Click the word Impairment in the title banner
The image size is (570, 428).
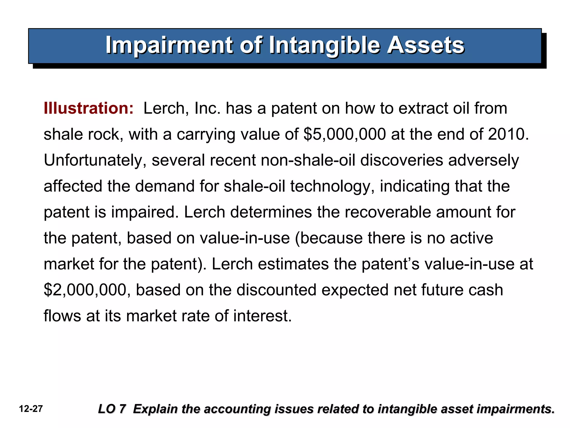pyautogui.click(x=169, y=45)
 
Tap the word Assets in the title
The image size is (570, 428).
pyautogui.click(x=426, y=45)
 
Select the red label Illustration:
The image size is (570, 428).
pyautogui.click(x=89, y=108)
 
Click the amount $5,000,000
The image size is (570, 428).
pyautogui.click(x=345, y=134)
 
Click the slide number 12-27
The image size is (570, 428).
pyautogui.click(x=31, y=409)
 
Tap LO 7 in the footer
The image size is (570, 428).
pyautogui.click(x=112, y=409)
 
